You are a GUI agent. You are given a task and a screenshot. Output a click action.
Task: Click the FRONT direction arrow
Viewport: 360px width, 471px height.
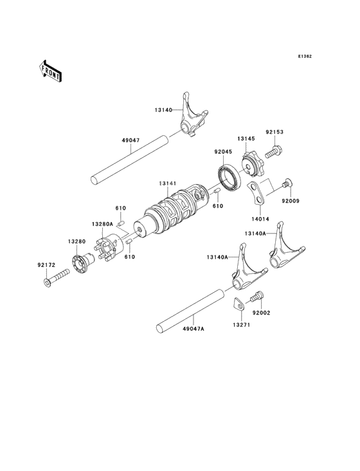coord(50,71)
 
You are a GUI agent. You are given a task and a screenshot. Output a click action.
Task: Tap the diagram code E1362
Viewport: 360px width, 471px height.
coord(305,56)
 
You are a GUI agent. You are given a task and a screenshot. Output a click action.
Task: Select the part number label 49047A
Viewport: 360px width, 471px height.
coord(194,329)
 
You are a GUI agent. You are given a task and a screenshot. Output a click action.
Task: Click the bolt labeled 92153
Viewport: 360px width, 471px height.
coord(274,151)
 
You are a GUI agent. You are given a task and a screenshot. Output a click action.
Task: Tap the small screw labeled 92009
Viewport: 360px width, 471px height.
coord(287,182)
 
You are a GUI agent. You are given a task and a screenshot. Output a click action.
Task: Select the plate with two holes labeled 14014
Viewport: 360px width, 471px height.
coord(256,193)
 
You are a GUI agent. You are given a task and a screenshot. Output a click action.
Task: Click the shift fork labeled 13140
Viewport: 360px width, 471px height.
coord(192,115)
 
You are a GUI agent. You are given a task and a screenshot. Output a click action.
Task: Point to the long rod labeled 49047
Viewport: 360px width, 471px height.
coord(129,160)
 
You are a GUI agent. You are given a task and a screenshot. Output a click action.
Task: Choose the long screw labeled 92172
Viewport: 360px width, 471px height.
coord(56,277)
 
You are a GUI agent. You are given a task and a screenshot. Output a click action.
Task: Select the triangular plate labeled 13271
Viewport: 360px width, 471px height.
coord(239,304)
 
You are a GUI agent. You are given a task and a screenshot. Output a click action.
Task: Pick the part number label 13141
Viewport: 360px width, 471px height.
coord(168,183)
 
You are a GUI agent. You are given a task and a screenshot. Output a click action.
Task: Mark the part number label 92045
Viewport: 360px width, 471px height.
coord(223,152)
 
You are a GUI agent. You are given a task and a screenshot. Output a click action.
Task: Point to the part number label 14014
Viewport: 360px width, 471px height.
coord(260,219)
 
